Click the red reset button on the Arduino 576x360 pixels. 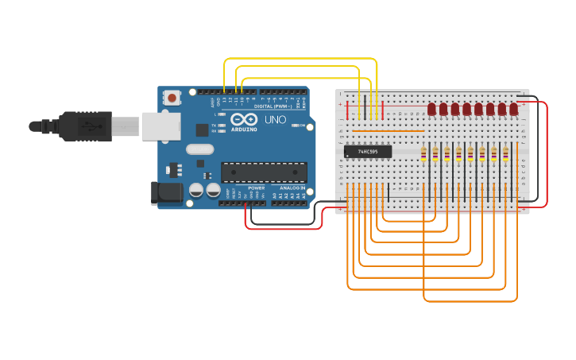point(172,98)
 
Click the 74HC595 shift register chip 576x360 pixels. point(367,151)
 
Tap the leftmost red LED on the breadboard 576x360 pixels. point(431,109)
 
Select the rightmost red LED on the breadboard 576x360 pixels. point(514,109)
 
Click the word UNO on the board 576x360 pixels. point(275,120)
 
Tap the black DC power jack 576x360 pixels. point(165,192)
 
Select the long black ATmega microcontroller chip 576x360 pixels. point(264,172)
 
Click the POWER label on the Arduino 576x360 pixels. point(256,188)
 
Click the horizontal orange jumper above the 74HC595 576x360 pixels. point(388,130)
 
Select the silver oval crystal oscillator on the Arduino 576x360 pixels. point(200,149)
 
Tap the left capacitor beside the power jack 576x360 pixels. point(195,191)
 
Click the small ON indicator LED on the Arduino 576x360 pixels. point(296,126)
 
